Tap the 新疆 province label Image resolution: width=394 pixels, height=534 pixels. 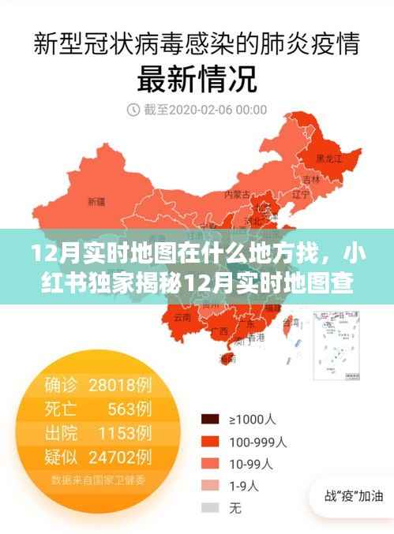(x=96, y=201)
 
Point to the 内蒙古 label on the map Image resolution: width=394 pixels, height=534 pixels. (x=237, y=193)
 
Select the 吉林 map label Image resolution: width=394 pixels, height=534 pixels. (x=316, y=179)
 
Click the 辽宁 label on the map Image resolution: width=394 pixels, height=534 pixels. (x=300, y=192)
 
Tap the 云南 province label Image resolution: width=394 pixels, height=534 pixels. (x=182, y=316)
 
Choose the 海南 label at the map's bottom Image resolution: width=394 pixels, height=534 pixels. (x=227, y=358)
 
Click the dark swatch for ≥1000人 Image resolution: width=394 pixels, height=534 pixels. (x=210, y=419)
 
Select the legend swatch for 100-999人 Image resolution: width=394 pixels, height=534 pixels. (x=210, y=441)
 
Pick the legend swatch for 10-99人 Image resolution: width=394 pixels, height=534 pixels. (x=210, y=463)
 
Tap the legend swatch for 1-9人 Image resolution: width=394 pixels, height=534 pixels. (x=210, y=485)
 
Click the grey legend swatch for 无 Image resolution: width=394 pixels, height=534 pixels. (x=210, y=507)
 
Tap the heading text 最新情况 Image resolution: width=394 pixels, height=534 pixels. (x=197, y=78)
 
